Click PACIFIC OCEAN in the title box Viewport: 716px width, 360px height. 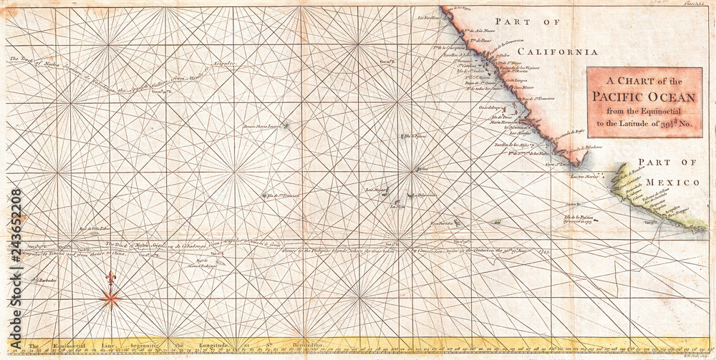point(644,97)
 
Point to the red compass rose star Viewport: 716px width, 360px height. point(110,298)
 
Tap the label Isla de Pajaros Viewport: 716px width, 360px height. point(415,135)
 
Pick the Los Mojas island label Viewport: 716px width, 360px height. point(377,190)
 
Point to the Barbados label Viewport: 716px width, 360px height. point(47,281)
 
